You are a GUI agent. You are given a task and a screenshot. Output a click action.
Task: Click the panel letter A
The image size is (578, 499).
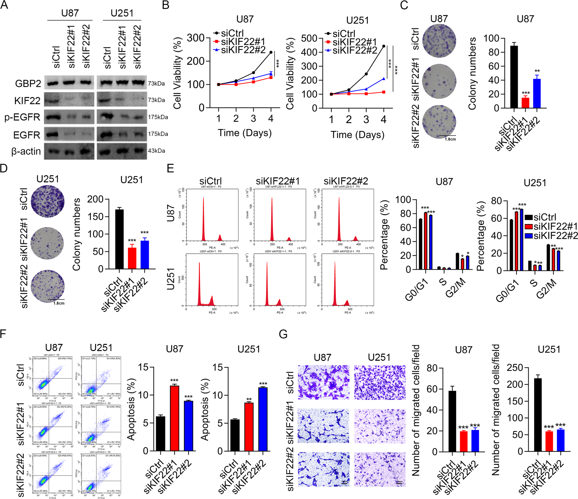[x=4, y=5]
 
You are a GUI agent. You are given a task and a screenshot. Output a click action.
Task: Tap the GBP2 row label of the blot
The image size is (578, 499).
[x=28, y=83]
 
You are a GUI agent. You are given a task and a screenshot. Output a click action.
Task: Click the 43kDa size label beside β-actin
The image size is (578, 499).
[x=156, y=151]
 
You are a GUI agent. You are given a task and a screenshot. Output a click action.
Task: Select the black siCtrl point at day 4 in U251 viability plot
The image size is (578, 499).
[x=384, y=46]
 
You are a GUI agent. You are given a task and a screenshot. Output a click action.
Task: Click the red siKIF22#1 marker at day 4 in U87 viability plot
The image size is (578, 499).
[x=271, y=78]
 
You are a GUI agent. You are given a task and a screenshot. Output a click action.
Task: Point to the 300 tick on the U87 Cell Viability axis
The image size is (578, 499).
[x=196, y=38]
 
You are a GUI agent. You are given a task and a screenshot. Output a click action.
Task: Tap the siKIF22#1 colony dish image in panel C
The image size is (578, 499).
[x=439, y=81]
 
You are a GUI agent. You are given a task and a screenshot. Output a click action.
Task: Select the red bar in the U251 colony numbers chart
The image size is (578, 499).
[x=132, y=258]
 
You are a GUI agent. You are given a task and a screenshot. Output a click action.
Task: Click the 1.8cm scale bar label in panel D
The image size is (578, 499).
[x=59, y=303]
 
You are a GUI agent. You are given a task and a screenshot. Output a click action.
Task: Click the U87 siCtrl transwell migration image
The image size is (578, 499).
[x=323, y=382]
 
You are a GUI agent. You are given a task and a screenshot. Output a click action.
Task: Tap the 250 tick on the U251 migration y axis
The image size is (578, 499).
[x=514, y=367]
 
